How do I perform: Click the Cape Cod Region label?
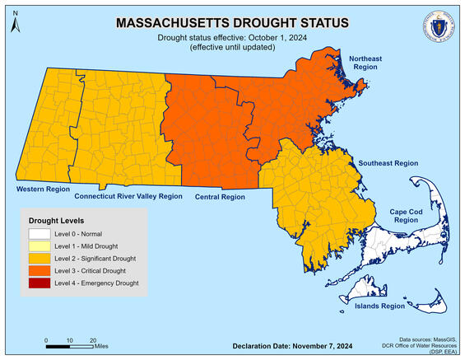click(x=404, y=217)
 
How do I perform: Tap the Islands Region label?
click(x=379, y=306)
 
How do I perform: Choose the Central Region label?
click(x=220, y=198)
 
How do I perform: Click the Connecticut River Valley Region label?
click(x=128, y=198)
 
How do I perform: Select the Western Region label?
click(x=40, y=189)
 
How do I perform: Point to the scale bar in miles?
click(x=69, y=344)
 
